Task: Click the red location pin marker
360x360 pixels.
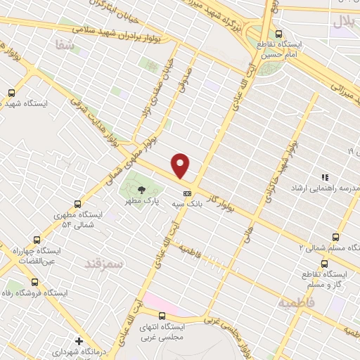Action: [181, 165]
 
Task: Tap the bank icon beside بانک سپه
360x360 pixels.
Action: [187, 193]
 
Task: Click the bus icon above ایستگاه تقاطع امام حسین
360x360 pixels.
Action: [279, 33]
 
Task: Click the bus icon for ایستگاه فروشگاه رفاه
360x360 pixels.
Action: [34, 282]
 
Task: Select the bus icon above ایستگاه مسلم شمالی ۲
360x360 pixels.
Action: [335, 238]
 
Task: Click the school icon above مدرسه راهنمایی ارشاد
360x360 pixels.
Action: [325, 177]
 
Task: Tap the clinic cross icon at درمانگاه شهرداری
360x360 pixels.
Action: [79, 341]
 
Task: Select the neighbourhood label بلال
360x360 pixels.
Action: [345, 22]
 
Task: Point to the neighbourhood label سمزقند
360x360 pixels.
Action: [103, 264]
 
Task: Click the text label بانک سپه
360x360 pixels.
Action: [188, 202]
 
